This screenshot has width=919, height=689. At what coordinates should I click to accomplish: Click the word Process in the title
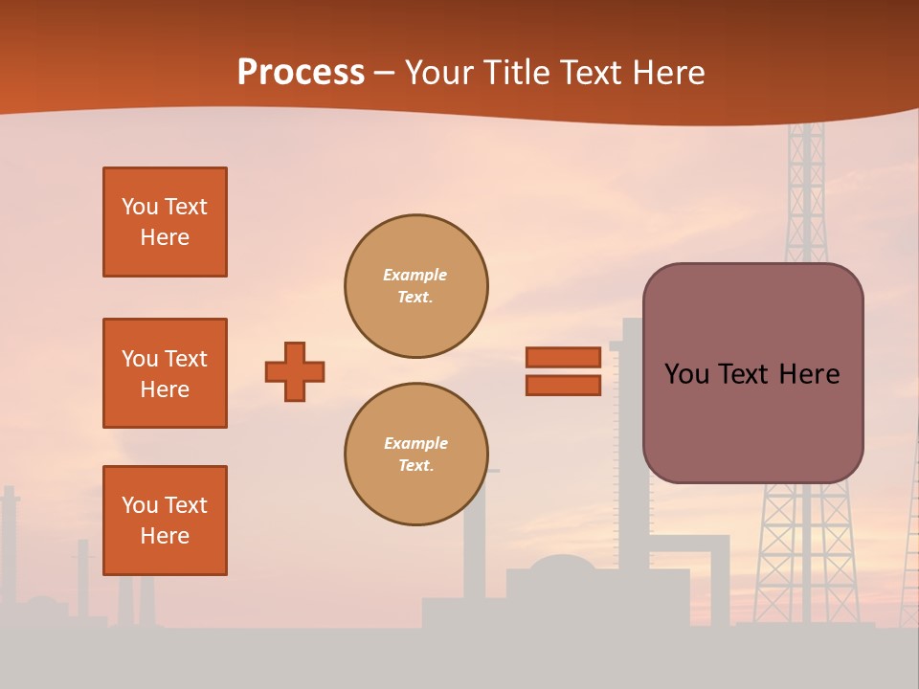301,73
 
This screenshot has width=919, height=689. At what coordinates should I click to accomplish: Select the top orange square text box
165,222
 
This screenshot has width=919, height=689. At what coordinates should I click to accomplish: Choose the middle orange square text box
165,373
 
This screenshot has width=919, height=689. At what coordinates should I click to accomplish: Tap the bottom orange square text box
165,521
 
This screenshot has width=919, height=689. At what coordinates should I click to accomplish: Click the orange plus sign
295,371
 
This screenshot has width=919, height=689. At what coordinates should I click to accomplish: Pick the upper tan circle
416,286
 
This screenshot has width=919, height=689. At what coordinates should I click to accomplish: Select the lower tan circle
416,455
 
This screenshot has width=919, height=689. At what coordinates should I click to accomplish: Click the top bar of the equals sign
563,358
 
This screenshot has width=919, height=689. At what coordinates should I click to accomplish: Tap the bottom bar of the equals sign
563,386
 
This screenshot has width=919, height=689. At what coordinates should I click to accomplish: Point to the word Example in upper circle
415,276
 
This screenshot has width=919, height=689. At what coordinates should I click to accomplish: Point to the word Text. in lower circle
415,466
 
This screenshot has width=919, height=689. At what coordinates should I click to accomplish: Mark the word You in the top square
139,207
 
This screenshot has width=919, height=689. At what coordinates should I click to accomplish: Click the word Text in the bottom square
185,505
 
